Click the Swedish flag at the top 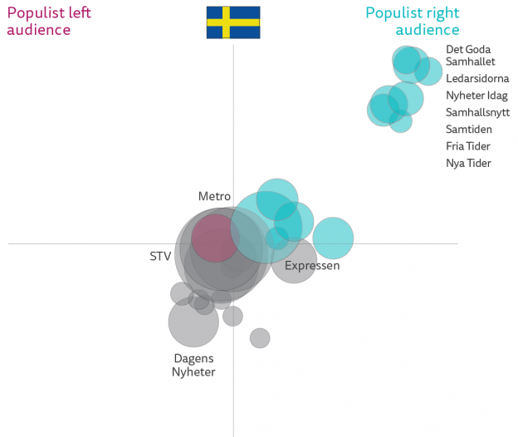tap(233, 22)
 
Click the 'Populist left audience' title tap(49, 21)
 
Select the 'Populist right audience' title tap(413, 21)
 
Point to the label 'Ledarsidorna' tap(477, 79)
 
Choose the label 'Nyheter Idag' tap(476, 96)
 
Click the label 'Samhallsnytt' tap(477, 112)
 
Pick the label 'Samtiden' tap(468, 130)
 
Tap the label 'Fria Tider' tap(468, 146)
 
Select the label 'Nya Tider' tap(468, 163)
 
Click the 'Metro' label tap(214, 196)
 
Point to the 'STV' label tap(160, 256)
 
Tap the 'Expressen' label tap(312, 266)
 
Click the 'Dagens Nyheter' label tap(193, 366)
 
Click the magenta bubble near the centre tap(216, 238)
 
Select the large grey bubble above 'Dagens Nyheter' tap(193, 322)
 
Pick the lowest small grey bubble tap(260, 337)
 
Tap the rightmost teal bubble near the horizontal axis tap(333, 238)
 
